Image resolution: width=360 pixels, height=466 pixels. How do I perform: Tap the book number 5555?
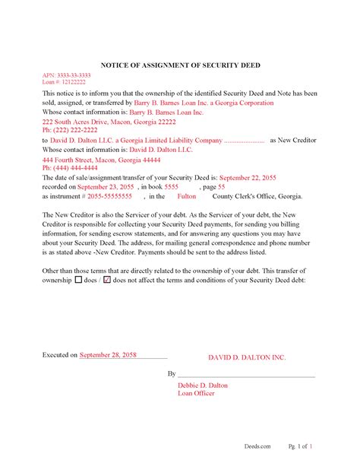coord(172,186)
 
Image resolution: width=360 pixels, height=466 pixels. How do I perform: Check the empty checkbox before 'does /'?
coord(78,280)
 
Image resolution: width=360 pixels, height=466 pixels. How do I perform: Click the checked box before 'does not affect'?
coord(106,280)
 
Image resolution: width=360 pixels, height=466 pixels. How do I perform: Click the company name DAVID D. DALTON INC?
coord(247,357)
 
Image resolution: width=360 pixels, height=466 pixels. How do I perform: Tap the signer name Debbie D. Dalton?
coord(202,385)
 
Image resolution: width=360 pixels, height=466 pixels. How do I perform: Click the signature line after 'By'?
coord(247,375)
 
